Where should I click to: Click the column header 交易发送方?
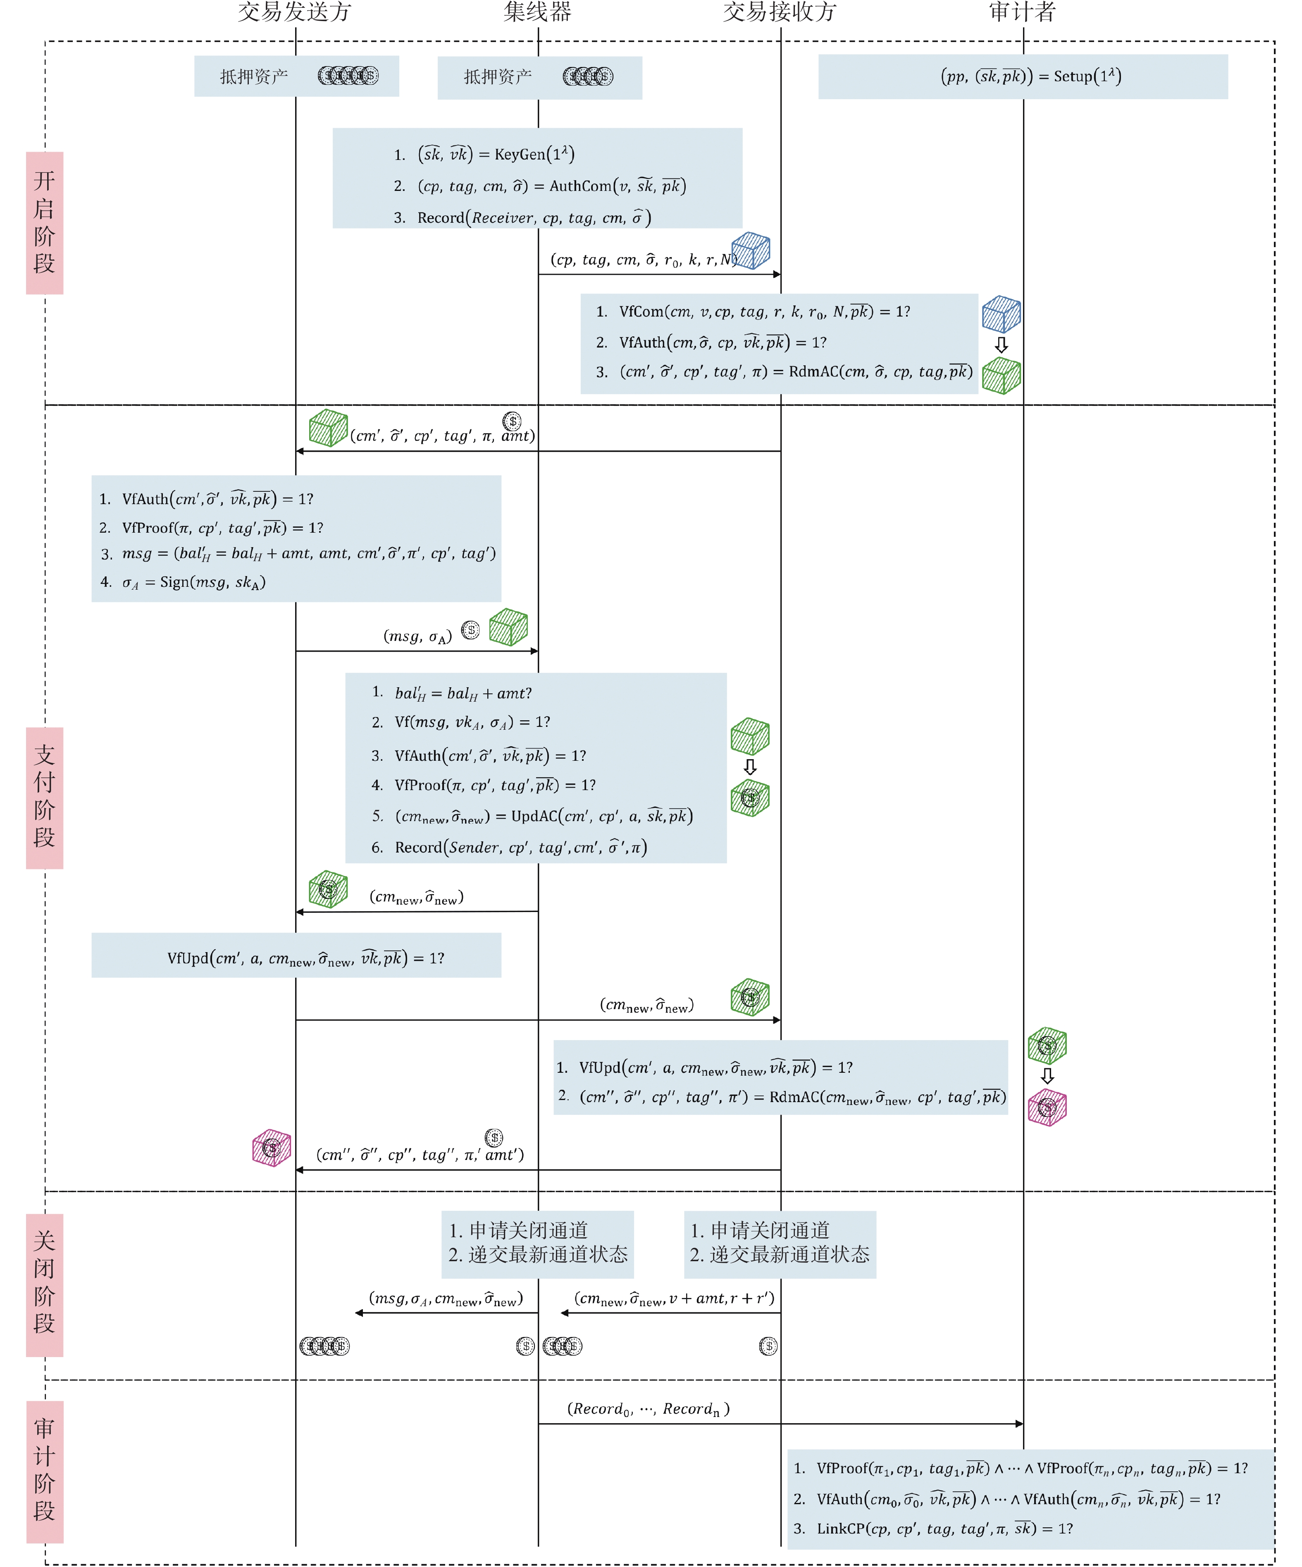(294, 12)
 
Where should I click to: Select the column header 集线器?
(537, 12)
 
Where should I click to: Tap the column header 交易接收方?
(780, 12)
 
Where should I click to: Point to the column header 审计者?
(1022, 12)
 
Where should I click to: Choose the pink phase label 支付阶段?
(45, 798)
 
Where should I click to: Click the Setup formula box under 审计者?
(1023, 77)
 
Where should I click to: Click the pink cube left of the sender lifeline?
(272, 1148)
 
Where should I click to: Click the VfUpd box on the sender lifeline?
(296, 955)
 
